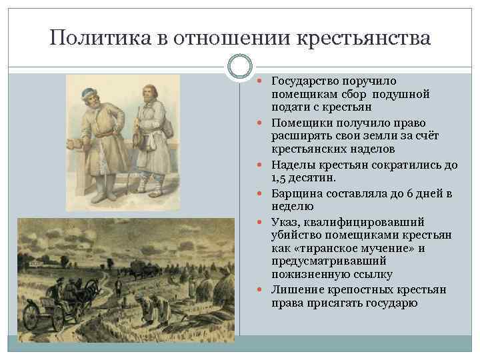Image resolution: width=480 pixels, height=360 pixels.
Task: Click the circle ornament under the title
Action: coord(239,66)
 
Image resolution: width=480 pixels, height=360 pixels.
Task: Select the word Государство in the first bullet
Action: coord(306,81)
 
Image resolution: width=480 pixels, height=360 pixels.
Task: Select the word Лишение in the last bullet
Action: coord(293,290)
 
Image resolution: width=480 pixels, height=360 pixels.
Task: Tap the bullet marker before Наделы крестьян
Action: coord(262,165)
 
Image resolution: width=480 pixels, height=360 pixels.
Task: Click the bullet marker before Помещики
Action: coord(262,123)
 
